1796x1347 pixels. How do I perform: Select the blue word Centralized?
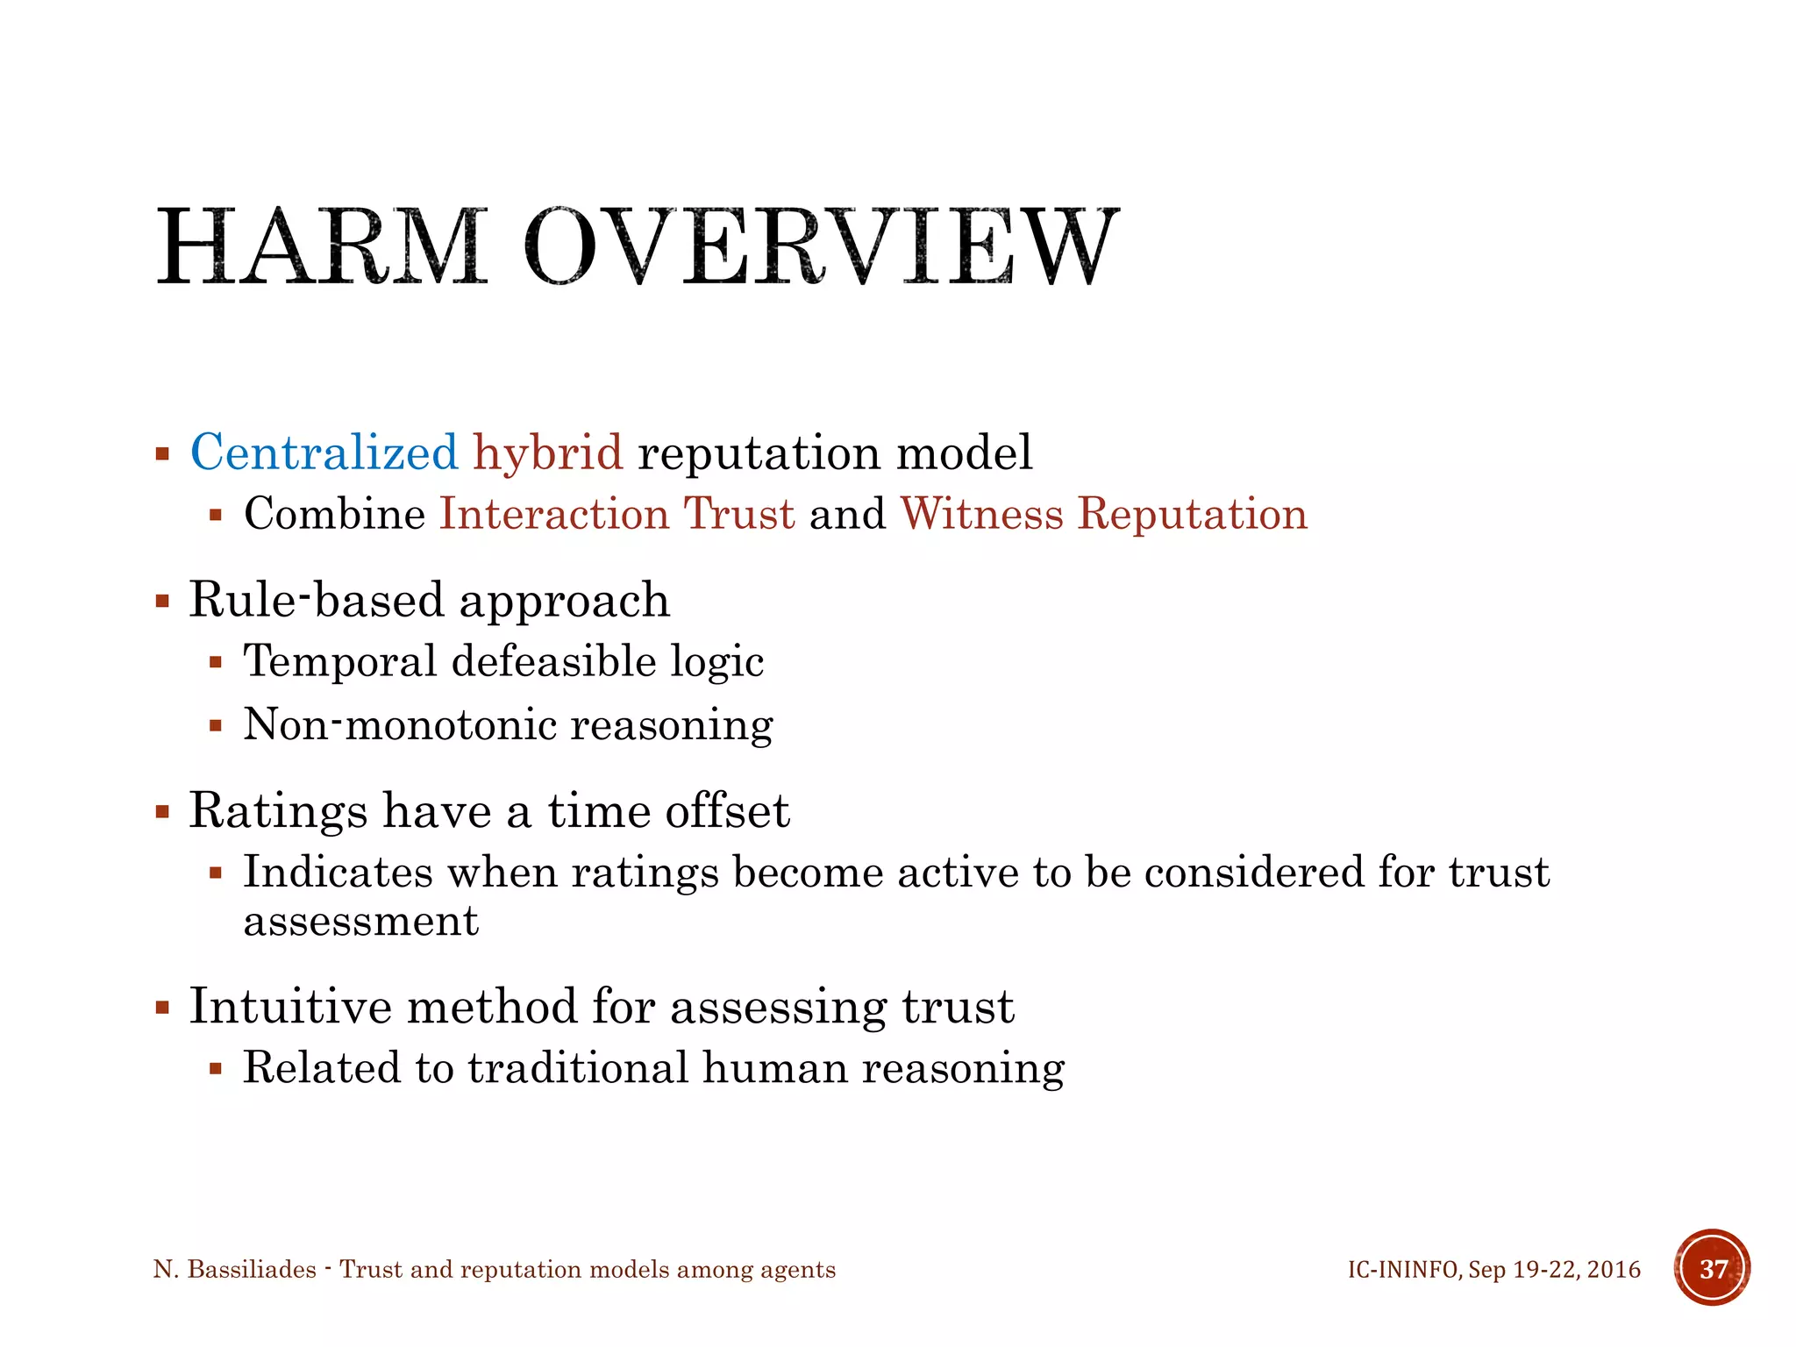[x=324, y=453]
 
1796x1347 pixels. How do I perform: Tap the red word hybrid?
[x=548, y=453]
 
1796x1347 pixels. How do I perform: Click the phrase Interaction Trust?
[x=616, y=514]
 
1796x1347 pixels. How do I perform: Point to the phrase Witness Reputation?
[x=1103, y=514]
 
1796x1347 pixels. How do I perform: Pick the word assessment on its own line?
[x=360, y=922]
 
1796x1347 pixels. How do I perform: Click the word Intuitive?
[x=290, y=1006]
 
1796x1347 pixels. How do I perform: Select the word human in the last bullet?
[x=774, y=1068]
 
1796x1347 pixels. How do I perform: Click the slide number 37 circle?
[x=1712, y=1268]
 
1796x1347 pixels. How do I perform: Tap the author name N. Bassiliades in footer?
[x=234, y=1270]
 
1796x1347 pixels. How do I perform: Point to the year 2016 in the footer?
[x=1613, y=1270]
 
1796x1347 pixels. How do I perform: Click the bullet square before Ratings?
[x=162, y=811]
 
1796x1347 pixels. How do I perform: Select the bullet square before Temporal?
[x=216, y=663]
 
